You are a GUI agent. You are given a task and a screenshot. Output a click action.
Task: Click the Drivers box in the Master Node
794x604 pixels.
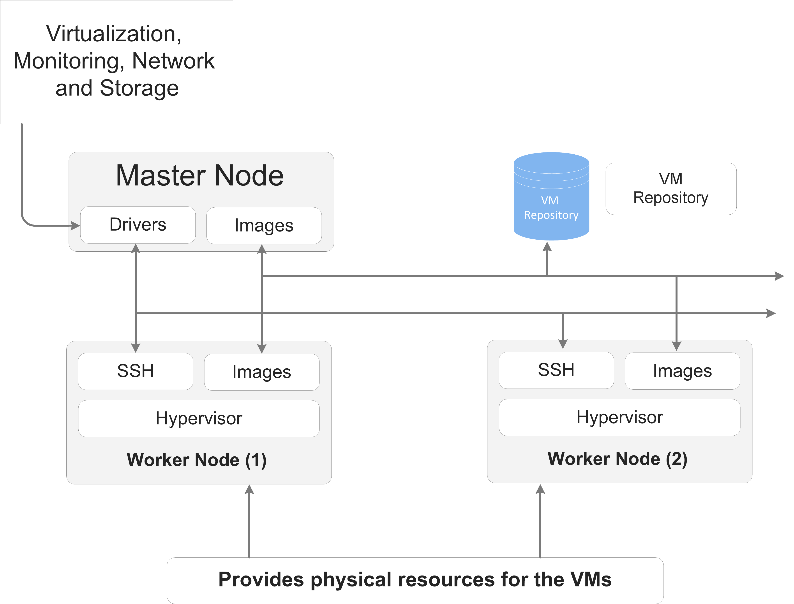click(x=138, y=225)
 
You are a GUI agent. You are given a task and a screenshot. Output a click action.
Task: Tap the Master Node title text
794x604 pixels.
click(x=200, y=175)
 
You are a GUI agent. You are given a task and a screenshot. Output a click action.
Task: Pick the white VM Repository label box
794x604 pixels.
click(x=671, y=189)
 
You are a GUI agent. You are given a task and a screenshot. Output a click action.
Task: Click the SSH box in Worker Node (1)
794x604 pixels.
click(x=136, y=371)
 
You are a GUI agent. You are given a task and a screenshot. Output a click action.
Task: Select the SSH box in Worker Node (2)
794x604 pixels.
click(x=556, y=370)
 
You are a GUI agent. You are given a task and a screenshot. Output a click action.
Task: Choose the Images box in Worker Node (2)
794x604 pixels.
click(x=682, y=371)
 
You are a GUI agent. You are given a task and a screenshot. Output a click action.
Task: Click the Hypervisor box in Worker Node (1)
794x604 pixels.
click(x=199, y=419)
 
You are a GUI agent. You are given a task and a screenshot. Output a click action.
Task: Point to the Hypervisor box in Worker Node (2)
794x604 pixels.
click(x=619, y=417)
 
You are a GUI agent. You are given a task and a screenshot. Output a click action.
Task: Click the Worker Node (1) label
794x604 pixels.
click(x=197, y=460)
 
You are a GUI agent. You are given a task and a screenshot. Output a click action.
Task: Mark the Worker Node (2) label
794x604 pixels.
click(x=617, y=459)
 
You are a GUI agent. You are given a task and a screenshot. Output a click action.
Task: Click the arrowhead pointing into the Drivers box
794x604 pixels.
click(x=76, y=226)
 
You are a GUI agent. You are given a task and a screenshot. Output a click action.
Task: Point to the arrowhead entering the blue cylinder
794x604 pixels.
click(x=547, y=247)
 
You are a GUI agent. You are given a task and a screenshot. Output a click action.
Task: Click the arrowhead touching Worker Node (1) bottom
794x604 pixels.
click(x=249, y=490)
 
